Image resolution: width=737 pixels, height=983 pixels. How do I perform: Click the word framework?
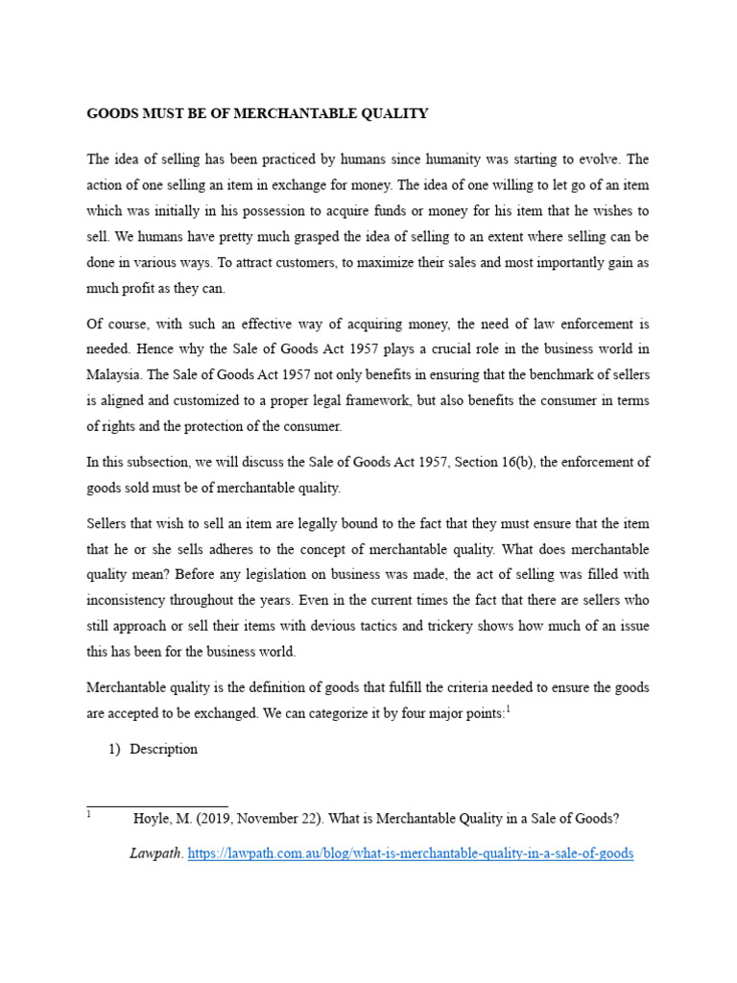point(370,401)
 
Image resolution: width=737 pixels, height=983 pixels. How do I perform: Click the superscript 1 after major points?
point(508,708)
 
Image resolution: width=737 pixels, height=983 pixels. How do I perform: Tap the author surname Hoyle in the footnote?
point(151,819)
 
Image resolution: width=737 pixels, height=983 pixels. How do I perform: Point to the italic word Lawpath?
point(155,852)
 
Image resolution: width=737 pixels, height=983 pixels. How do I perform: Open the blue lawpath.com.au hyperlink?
point(410,852)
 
